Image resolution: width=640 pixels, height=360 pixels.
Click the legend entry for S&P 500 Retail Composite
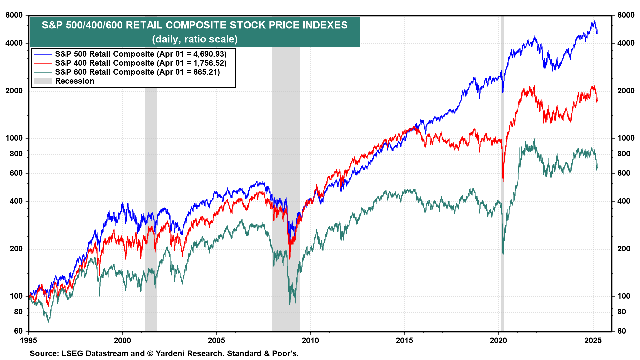point(105,54)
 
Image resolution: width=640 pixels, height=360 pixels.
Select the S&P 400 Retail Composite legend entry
point(105,63)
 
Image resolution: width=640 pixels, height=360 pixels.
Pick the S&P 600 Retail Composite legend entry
point(105,72)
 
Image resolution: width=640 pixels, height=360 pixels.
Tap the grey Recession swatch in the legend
point(43,81)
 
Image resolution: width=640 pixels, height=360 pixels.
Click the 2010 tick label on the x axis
point(310,340)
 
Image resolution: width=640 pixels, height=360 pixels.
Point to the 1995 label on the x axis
point(29,340)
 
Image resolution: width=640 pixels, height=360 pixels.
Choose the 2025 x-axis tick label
point(593,340)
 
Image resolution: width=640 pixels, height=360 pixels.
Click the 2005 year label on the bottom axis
point(216,340)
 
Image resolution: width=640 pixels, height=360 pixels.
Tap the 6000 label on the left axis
point(14,15)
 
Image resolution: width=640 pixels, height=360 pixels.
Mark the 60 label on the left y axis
point(18,331)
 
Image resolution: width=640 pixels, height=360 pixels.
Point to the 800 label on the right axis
point(624,154)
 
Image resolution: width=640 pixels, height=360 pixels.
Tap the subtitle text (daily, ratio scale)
point(195,39)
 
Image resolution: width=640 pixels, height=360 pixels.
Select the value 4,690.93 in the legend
point(209,54)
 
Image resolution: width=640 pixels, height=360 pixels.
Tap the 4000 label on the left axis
point(14,43)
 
